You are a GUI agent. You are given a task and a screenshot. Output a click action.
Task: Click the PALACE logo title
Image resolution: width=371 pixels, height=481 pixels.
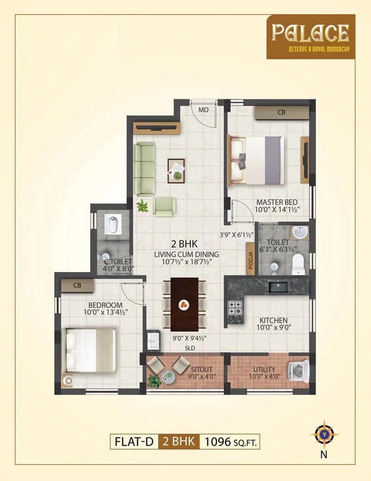coord(310,33)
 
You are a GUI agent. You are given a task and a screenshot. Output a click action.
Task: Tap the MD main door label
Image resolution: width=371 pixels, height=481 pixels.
coord(203,110)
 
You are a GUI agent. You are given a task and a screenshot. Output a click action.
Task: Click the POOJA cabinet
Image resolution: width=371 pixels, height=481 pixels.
coord(250,262)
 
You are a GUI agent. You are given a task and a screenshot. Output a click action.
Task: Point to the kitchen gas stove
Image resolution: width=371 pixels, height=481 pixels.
coord(235,308)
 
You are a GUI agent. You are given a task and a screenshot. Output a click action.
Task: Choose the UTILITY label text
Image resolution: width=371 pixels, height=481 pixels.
coord(264,369)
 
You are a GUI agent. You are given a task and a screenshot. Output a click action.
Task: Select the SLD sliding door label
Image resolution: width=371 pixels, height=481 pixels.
coord(190,348)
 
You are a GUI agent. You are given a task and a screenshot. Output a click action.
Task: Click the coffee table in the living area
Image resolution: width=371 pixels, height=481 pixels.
coord(176,171)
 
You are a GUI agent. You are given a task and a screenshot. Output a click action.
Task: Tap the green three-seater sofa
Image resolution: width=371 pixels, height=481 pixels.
coord(144,169)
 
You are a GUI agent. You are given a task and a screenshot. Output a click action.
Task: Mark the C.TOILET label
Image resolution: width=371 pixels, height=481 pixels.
coord(118,261)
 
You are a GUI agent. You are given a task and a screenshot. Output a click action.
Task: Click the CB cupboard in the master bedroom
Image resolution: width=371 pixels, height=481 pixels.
coord(281,113)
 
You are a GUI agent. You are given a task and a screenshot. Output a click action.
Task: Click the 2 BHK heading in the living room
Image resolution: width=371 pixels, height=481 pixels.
coord(185,244)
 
